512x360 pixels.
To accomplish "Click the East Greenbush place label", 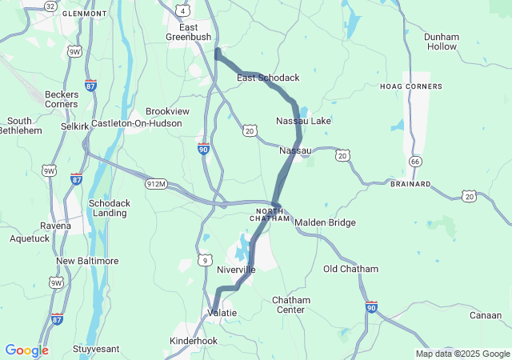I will (188, 31).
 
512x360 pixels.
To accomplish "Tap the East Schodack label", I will (268, 78).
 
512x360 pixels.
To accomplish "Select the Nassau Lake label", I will (303, 121).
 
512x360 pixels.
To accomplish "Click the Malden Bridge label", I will (325, 222).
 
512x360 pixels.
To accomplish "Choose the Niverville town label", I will (236, 270).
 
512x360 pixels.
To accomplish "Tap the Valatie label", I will (222, 312).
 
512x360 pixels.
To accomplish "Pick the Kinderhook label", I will (194, 341).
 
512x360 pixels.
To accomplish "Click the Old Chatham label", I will (351, 269).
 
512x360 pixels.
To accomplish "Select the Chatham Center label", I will (290, 305).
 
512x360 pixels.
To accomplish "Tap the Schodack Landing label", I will (108, 208).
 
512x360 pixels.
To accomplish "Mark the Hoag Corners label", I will (411, 86).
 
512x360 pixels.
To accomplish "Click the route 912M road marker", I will (156, 184).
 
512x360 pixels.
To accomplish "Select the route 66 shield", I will (414, 162).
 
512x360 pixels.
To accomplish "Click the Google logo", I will (26, 350).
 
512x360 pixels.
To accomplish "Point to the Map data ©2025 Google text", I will (462, 354).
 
